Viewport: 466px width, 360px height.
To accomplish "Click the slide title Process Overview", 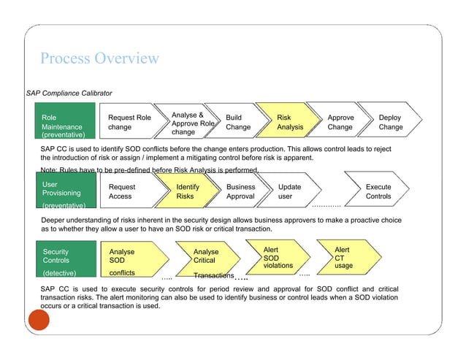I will point(99,58).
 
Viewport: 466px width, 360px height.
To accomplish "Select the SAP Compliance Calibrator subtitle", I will point(69,93).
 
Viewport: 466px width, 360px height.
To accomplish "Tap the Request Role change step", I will point(130,122).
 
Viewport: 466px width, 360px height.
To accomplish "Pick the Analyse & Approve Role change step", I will point(191,123).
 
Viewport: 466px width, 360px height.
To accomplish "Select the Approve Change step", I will point(340,122).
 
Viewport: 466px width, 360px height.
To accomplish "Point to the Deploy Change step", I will point(391,122).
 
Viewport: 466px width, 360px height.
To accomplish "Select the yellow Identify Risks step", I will point(188,191).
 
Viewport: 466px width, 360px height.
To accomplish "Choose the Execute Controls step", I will point(378,191).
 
